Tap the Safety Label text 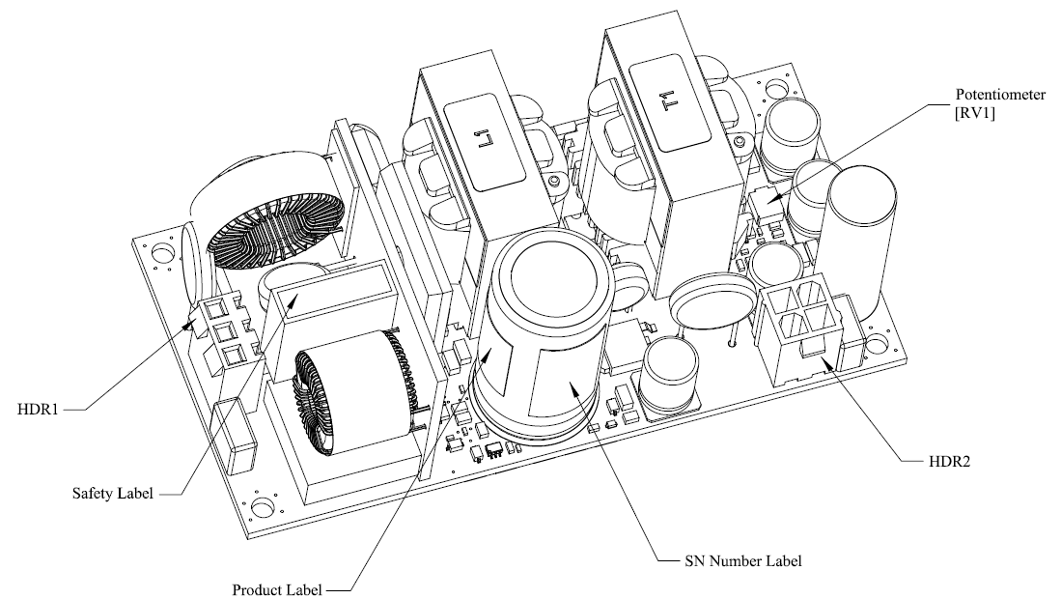tap(113, 494)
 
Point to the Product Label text tap(276, 588)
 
